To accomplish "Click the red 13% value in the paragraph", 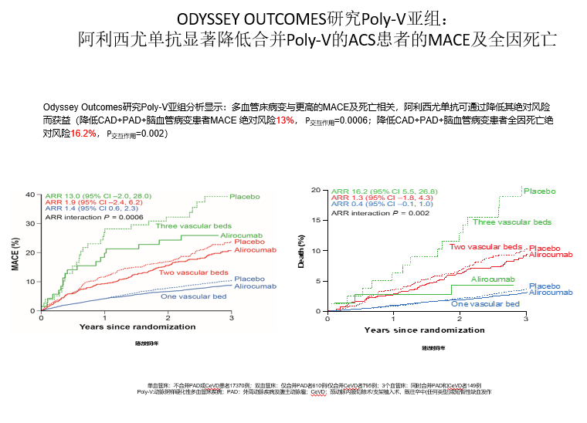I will point(285,121).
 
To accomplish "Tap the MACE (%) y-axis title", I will point(16,253).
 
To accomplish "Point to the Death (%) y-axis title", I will point(302,252).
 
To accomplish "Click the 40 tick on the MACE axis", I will point(31,195).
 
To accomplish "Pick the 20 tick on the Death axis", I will point(316,189).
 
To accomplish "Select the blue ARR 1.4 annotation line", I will point(93,208).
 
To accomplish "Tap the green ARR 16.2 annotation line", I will point(384,191).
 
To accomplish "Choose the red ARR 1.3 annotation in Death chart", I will point(382,198).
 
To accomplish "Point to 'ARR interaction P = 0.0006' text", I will point(94,218).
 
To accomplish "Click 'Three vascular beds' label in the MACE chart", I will point(193,226).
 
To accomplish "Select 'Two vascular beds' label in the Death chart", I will point(486,246).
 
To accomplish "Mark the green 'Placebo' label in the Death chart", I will point(539,191).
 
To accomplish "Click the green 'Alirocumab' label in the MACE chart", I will point(239,234).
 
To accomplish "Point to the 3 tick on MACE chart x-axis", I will point(232,318).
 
